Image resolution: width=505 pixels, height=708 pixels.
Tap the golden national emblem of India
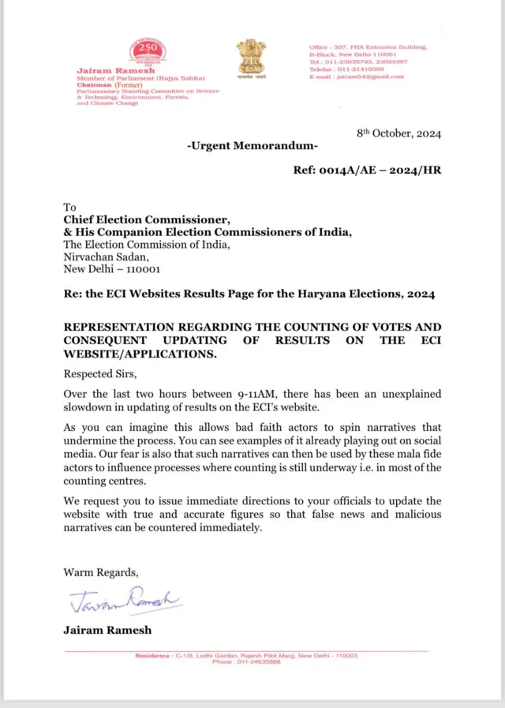[x=252, y=57]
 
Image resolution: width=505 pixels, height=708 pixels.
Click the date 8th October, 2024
[x=398, y=133]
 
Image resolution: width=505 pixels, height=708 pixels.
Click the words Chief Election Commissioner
[x=146, y=219]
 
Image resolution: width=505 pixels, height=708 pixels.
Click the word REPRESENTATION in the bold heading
[x=129, y=327]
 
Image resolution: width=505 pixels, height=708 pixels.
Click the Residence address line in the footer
[x=246, y=656]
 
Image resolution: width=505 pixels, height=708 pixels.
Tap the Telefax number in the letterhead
[x=343, y=69]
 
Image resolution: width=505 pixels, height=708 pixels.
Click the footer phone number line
[x=246, y=662]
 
